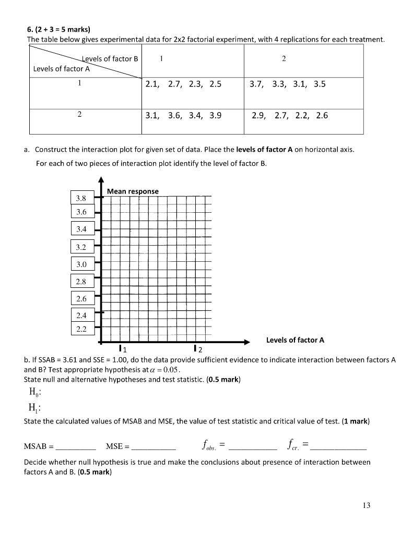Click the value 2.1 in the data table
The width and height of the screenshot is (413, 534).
(x=153, y=83)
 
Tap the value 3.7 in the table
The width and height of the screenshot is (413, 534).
(x=256, y=83)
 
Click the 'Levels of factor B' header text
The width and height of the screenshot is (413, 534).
(x=110, y=58)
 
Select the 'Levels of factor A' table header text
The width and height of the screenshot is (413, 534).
(x=61, y=68)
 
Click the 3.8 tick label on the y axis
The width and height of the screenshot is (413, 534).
(x=81, y=198)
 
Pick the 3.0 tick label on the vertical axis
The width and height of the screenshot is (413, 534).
(x=81, y=264)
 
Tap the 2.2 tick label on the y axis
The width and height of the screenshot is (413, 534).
(x=81, y=329)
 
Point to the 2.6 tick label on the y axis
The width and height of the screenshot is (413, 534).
(x=81, y=299)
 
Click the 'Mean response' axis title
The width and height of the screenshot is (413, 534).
(x=133, y=191)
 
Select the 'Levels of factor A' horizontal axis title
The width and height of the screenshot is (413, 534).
(x=295, y=340)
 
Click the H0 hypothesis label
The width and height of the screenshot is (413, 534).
(x=31, y=393)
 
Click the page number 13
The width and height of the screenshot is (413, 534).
(x=365, y=505)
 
